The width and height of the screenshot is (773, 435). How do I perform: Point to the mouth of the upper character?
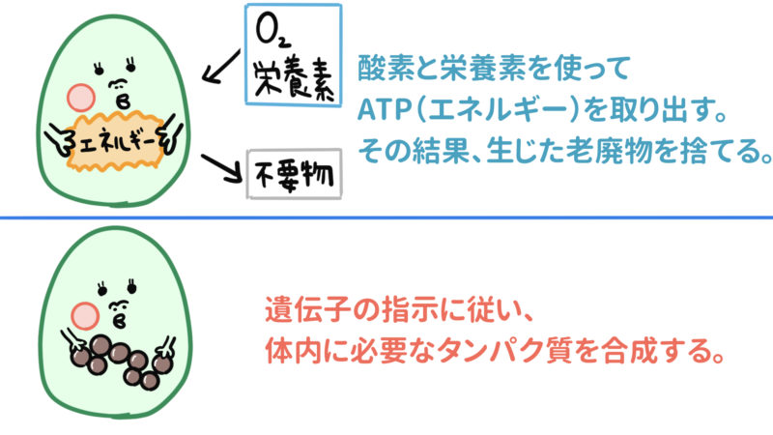click(124, 99)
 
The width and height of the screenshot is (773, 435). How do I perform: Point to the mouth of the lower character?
click(123, 317)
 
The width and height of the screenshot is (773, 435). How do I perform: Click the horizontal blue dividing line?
click(386, 218)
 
